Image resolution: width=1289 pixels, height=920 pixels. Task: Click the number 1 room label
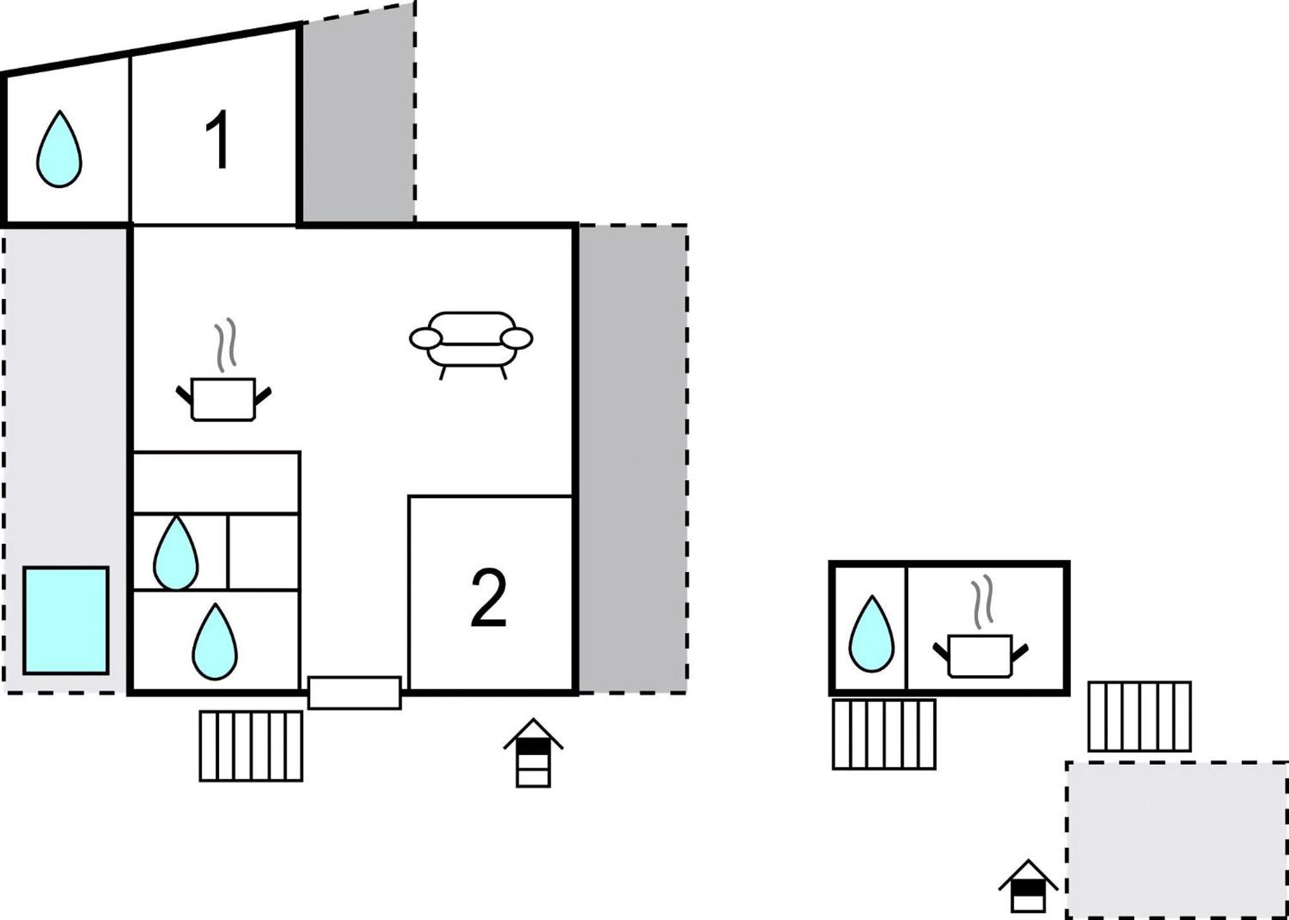pyautogui.click(x=218, y=140)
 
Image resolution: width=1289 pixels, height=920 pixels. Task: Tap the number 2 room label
pyautogui.click(x=489, y=598)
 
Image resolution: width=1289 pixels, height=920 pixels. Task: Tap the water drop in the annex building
pyautogui.click(x=871, y=634)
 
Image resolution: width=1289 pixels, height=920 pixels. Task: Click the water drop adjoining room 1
pyautogui.click(x=59, y=149)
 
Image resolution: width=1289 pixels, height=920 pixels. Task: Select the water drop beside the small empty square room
pyautogui.click(x=176, y=553)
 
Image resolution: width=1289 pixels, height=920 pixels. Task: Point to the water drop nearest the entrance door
pyautogui.click(x=215, y=642)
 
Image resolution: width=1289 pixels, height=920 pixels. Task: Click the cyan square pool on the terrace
pyautogui.click(x=66, y=620)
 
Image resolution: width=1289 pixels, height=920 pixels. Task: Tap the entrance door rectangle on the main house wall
pyautogui.click(x=354, y=693)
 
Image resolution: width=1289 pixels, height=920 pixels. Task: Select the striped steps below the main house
pyautogui.click(x=251, y=746)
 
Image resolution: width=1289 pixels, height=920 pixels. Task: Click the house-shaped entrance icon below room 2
pyautogui.click(x=533, y=752)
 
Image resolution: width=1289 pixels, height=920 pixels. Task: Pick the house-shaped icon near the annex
pyautogui.click(x=1028, y=886)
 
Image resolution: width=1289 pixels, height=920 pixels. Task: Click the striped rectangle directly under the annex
pyautogui.click(x=884, y=734)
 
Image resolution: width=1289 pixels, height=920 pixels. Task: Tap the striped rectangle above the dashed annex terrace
pyautogui.click(x=1139, y=716)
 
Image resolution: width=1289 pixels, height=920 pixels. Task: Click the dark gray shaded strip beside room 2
pyautogui.click(x=632, y=459)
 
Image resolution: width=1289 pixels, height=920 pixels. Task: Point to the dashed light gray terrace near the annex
pyautogui.click(x=1177, y=839)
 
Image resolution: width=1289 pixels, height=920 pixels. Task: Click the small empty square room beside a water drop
pyautogui.click(x=264, y=552)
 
